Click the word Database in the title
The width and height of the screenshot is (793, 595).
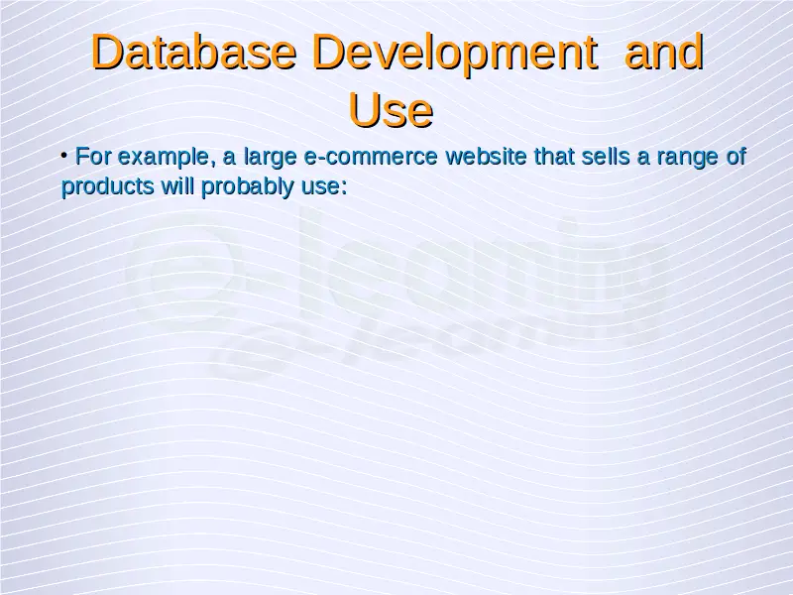[x=193, y=52]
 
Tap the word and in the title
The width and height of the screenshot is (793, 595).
[x=664, y=52]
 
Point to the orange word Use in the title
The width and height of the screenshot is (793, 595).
[x=391, y=110]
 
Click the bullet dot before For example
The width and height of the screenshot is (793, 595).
[x=64, y=155]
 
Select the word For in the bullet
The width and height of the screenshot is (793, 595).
[x=93, y=156]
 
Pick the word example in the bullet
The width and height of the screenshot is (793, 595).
[x=163, y=158]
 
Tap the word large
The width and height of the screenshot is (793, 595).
[x=271, y=158]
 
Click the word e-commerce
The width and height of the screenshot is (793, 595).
[x=371, y=157]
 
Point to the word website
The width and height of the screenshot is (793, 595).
[x=487, y=156]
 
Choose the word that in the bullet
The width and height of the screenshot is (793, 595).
[x=554, y=156]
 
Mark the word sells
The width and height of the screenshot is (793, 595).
[x=606, y=156]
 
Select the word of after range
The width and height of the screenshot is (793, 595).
[x=736, y=156]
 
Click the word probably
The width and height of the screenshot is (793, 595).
[x=248, y=187]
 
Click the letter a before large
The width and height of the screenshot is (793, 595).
[x=229, y=159]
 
